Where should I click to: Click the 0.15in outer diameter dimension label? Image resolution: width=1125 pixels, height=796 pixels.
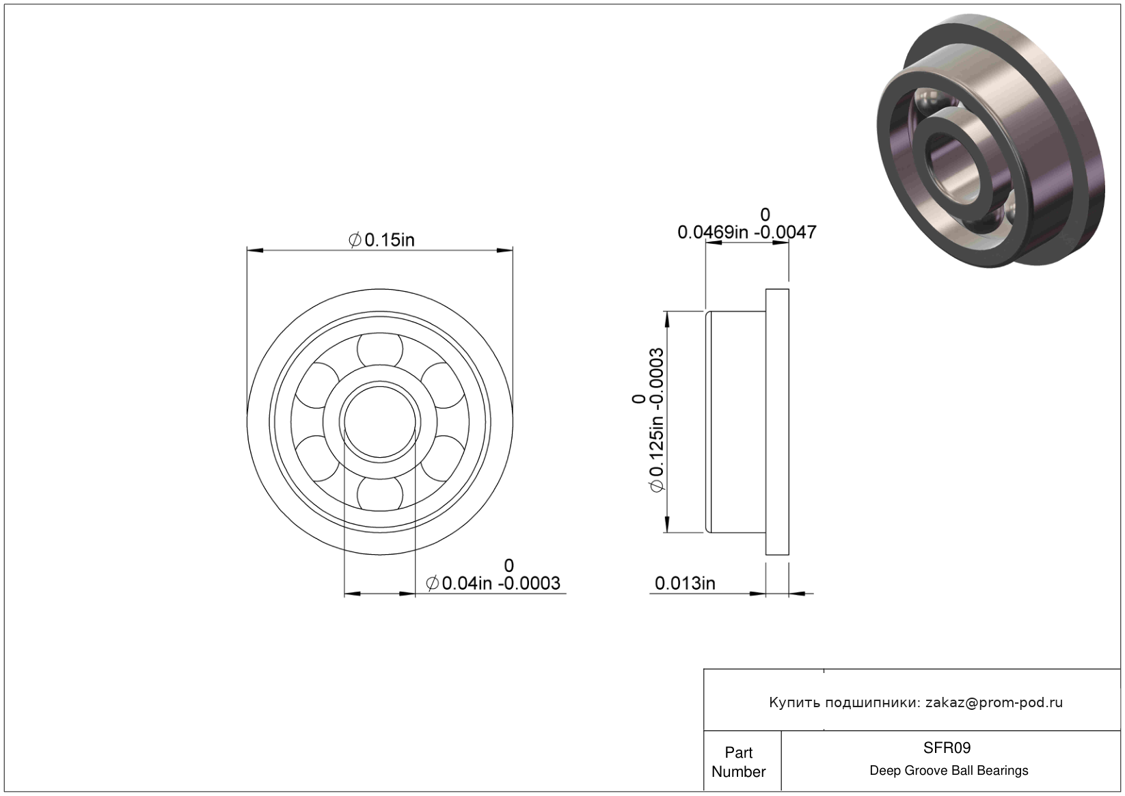(x=381, y=240)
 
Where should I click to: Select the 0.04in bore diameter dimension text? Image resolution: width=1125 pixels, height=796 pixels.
(x=493, y=583)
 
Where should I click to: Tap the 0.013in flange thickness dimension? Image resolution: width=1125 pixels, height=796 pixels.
(x=685, y=583)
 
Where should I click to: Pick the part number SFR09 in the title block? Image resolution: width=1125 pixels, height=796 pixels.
(x=947, y=747)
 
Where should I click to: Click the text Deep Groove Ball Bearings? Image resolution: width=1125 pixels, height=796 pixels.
(x=949, y=771)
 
